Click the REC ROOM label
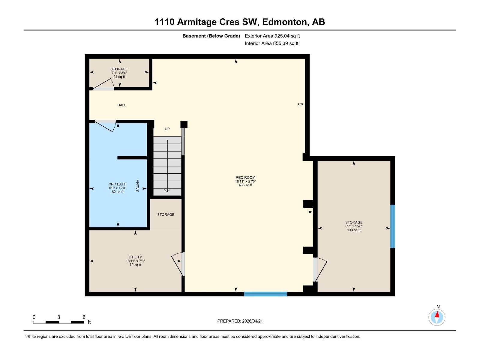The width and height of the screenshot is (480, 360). point(245,178)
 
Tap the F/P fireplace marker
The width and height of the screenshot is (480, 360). point(300,105)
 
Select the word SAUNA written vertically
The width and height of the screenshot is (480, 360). point(138,186)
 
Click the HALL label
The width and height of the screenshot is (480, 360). point(121,105)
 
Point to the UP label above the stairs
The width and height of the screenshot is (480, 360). point(167,129)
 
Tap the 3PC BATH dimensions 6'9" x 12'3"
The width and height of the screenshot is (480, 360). point(118,188)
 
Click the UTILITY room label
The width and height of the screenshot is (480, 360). point(135,257)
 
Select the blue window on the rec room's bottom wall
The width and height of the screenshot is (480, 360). point(265,294)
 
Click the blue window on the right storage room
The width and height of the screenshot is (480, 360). point(392,226)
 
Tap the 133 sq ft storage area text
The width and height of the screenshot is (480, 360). point(354,230)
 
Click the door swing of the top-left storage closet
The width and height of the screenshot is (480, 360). point(104,85)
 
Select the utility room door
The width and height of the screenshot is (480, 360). point(179,264)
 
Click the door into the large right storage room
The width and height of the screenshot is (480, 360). point(319,269)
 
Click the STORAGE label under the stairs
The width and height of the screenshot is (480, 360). point(166,214)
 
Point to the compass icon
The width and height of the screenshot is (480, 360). point(437,317)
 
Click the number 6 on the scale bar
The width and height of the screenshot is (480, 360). point(84,317)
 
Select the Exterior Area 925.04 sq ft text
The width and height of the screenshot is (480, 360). point(272,36)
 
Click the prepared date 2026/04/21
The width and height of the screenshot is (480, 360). point(252,321)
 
